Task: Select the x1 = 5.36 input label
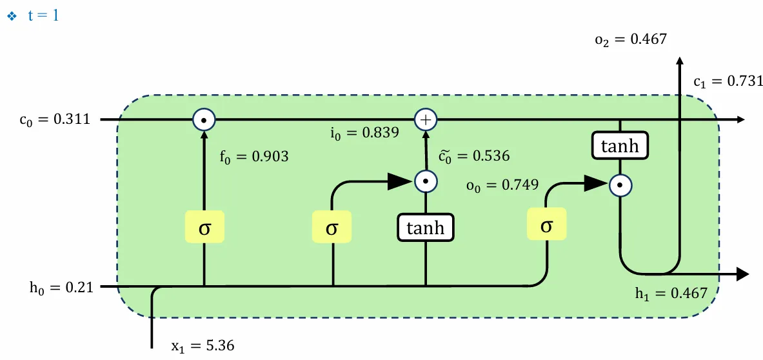[x=203, y=345]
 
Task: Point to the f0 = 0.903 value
[x=253, y=155]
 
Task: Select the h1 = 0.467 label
[x=671, y=294]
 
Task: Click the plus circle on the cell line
[x=425, y=120]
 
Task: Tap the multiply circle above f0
[x=204, y=120]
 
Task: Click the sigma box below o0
[x=546, y=225]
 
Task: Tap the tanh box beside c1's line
[x=620, y=146]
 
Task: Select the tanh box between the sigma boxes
[x=425, y=228]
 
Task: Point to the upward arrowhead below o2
[x=679, y=62]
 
